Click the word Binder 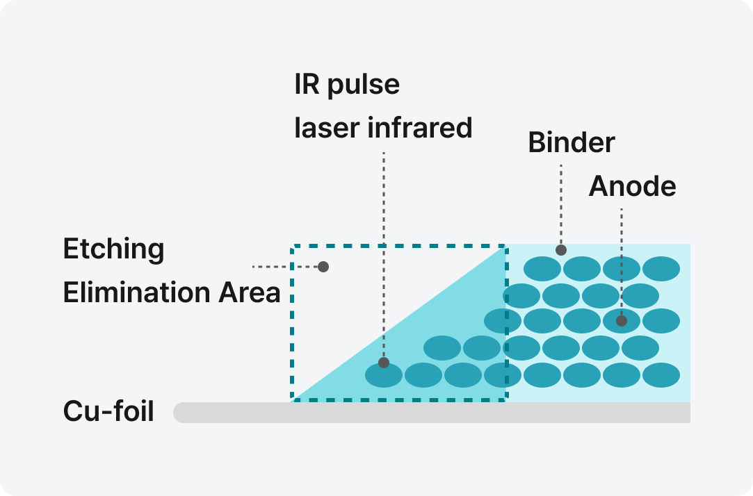click(572, 143)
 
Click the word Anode click(632, 186)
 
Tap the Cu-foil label click(108, 411)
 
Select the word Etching click(113, 249)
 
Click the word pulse click(366, 85)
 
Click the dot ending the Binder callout click(561, 249)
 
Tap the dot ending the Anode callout click(622, 321)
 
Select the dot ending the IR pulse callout click(383, 363)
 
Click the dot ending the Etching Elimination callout click(323, 266)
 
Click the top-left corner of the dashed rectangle click(293, 246)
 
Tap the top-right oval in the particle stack click(661, 269)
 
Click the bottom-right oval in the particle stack click(661, 375)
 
